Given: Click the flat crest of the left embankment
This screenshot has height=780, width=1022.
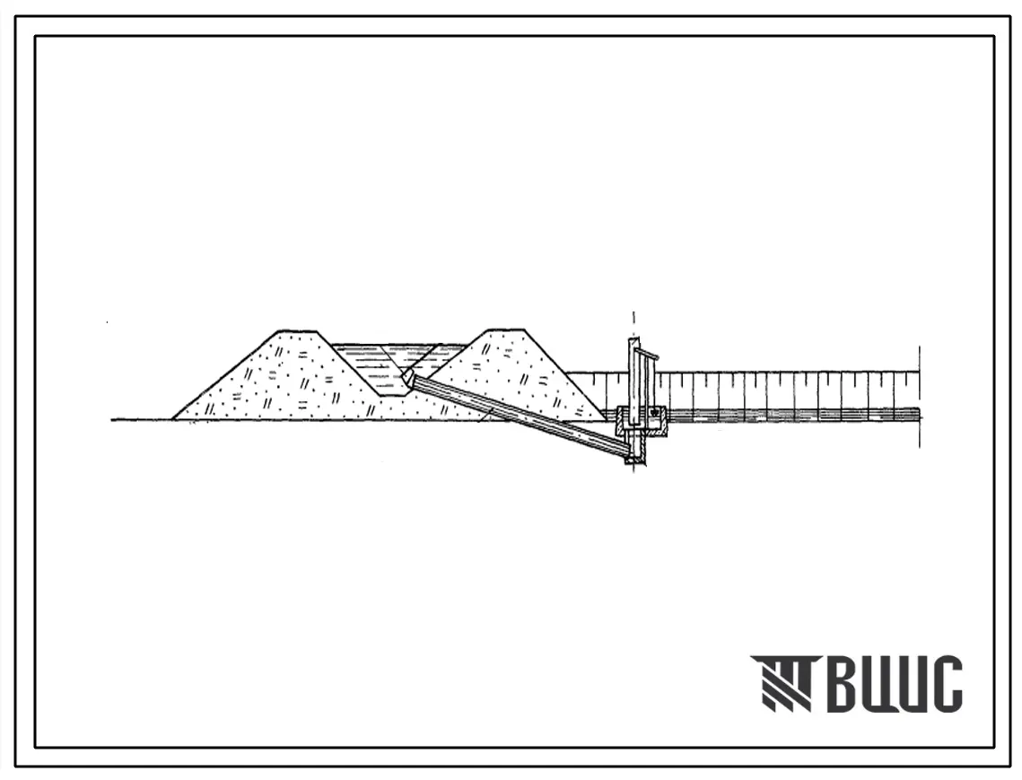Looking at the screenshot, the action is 299,331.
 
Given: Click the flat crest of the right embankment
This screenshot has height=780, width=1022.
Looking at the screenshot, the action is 506,329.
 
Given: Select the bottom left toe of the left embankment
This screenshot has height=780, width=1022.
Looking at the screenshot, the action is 172,418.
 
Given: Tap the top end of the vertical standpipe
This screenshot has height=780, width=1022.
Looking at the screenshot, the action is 633,340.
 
